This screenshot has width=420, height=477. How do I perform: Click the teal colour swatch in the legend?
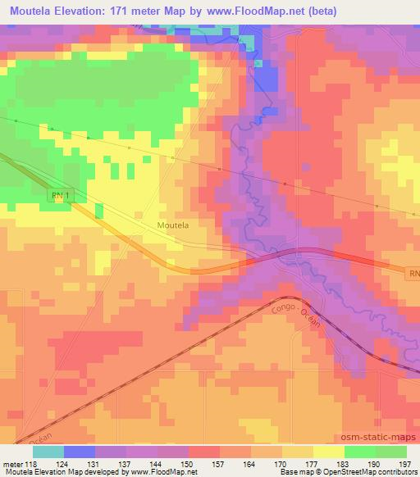click(48, 452)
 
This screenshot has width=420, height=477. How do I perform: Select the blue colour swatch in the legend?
click(80, 452)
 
